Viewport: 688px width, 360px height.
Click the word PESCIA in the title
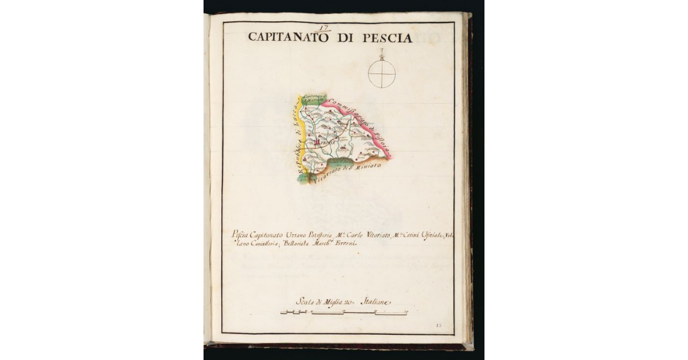click(388, 38)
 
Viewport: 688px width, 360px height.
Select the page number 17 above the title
click(325, 26)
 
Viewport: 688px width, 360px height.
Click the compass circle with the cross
click(382, 75)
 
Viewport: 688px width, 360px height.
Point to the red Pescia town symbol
click(317, 140)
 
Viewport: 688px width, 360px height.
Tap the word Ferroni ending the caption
click(346, 244)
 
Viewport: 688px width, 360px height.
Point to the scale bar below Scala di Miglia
click(344, 312)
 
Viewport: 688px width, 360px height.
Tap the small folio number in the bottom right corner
click(439, 325)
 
